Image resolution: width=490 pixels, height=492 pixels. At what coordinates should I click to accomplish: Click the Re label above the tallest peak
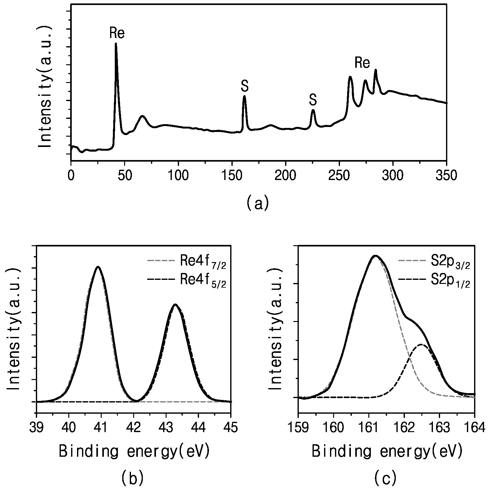point(117,33)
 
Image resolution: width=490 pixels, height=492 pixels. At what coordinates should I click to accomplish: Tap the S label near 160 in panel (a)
point(245,86)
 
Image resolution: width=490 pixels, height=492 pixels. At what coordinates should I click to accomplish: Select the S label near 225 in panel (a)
point(313,100)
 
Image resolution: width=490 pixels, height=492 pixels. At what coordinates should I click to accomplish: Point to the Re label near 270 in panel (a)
point(362,63)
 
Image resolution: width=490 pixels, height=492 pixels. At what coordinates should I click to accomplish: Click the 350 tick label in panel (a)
point(446,175)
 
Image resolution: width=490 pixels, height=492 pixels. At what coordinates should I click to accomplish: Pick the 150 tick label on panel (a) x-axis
point(232,175)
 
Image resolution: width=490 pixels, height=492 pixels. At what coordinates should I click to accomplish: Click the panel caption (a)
point(257,203)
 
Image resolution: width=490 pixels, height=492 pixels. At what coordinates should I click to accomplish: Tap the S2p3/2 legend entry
point(434,264)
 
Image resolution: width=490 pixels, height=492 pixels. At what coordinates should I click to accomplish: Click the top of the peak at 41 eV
point(98,267)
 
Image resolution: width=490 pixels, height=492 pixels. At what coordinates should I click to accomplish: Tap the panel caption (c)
point(386,478)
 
